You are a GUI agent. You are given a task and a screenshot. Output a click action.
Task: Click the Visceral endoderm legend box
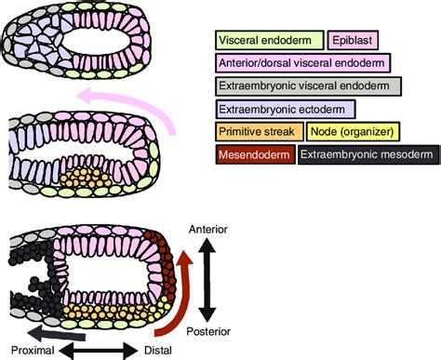270,40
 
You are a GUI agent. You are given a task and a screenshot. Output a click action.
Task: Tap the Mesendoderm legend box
254,157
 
